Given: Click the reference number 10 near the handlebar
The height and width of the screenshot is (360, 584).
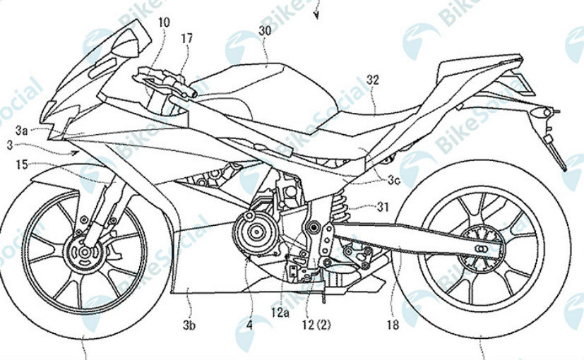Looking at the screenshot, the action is pos(164,23).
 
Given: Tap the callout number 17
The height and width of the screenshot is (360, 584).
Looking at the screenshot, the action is pos(187,38).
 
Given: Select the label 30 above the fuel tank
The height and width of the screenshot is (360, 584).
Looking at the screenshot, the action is pos(265,31).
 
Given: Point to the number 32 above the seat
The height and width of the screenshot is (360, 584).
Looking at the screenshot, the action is pos(372,80).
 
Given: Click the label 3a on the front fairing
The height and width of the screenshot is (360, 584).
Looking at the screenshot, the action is pos(22,131).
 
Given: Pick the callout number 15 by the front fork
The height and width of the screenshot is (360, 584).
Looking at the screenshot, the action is pos(22,164).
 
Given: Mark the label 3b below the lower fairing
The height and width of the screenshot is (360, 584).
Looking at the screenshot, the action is pos(189,325).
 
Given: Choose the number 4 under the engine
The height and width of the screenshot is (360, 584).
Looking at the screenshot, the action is pos(249,325).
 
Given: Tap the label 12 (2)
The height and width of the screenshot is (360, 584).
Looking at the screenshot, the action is pos(316,325).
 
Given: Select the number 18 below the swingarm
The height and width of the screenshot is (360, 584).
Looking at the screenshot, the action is pos(393,325).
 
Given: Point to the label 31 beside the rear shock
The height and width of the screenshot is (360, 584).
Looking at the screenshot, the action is pos(383,207).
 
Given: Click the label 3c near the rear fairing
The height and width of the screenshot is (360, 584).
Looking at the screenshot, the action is pos(393,181).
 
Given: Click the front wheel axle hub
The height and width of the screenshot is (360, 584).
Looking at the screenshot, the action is pos(85,252).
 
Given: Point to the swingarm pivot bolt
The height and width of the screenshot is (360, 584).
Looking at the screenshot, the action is pos(314,227).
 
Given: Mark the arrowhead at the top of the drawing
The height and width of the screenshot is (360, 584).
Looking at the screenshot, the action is pos(316,16).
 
